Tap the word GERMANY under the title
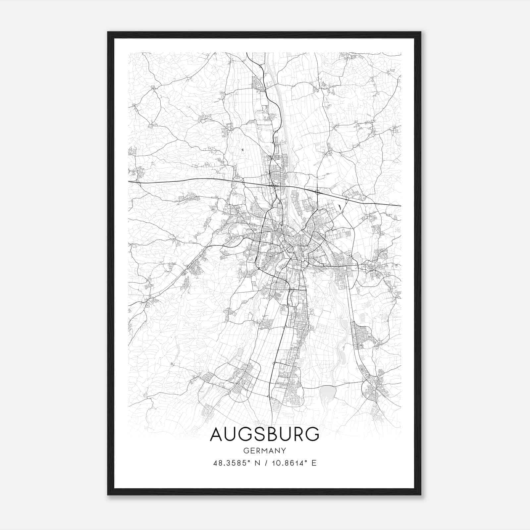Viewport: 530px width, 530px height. (x=264, y=450)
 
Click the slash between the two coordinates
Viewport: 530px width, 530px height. (x=265, y=463)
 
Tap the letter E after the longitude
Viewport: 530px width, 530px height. (x=314, y=463)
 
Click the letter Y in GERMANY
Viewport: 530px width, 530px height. (x=284, y=450)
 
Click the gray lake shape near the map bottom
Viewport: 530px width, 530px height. (x=328, y=393)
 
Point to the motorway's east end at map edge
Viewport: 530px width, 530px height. (x=401, y=206)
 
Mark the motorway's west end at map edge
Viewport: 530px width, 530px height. (x=129, y=182)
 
